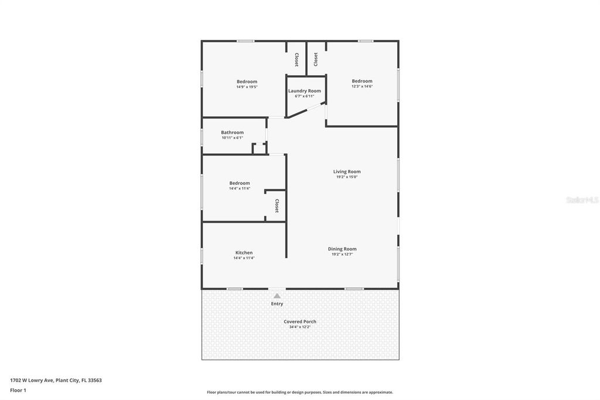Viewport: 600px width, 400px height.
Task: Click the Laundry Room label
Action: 304,91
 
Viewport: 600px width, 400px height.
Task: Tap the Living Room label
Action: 347,172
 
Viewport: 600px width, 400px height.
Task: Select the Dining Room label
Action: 342,249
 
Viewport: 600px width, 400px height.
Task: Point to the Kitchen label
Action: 244,253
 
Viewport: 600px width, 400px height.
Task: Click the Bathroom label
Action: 232,133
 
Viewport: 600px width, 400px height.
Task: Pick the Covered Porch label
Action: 300,321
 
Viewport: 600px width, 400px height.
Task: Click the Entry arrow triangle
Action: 277,296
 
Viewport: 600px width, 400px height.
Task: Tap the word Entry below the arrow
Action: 277,304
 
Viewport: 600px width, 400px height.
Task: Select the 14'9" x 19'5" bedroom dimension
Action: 247,87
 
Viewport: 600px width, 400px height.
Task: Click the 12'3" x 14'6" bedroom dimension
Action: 362,86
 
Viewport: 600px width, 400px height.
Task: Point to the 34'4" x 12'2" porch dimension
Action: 300,327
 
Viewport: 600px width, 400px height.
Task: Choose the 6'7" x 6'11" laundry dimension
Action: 304,96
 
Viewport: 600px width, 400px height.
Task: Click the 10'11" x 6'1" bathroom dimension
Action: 232,138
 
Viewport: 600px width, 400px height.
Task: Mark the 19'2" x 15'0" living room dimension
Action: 347,177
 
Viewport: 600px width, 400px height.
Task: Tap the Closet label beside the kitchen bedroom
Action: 277,206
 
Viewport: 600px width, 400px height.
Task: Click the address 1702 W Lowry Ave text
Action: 56,380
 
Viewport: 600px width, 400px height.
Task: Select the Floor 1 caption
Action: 18,390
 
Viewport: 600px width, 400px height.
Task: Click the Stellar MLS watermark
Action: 582,200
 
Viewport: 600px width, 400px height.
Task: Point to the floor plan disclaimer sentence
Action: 299,392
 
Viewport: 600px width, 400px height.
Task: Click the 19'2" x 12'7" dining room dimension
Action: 342,254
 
